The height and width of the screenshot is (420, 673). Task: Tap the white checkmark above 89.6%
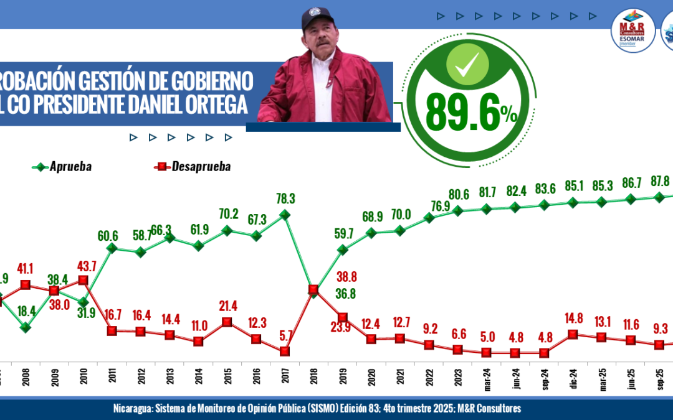[x=467, y=65]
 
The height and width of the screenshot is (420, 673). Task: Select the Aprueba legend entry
[x=62, y=167]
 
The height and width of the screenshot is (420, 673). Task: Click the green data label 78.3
[x=285, y=198]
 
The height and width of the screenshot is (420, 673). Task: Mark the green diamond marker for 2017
[x=285, y=215]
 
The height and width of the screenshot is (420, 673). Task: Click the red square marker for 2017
[x=285, y=351]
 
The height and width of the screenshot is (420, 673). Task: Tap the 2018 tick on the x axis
[x=313, y=377]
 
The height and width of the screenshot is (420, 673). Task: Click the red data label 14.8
[x=573, y=320]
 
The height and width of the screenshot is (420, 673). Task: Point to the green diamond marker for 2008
[x=26, y=327]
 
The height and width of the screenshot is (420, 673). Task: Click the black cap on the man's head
[x=318, y=19]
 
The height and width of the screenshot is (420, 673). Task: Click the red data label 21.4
[x=227, y=307]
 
